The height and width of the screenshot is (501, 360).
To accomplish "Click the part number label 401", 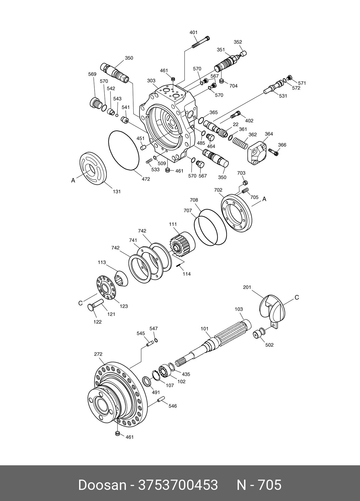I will coord(193,32).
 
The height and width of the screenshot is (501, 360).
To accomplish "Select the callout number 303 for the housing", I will coord(151,81).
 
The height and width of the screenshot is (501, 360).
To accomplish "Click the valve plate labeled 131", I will coord(93,168).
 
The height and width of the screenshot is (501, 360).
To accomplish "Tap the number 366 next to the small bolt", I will coord(282,145).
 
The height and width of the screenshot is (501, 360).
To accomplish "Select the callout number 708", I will coord(194,200).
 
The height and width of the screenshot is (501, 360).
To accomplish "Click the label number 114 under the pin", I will coord(187,274).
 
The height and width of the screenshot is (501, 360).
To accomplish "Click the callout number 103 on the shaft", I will coord(239,309).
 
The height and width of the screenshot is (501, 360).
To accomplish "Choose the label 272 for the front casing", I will coord(98,354).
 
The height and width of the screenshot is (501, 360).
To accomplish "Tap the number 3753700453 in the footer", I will coord(178,485).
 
